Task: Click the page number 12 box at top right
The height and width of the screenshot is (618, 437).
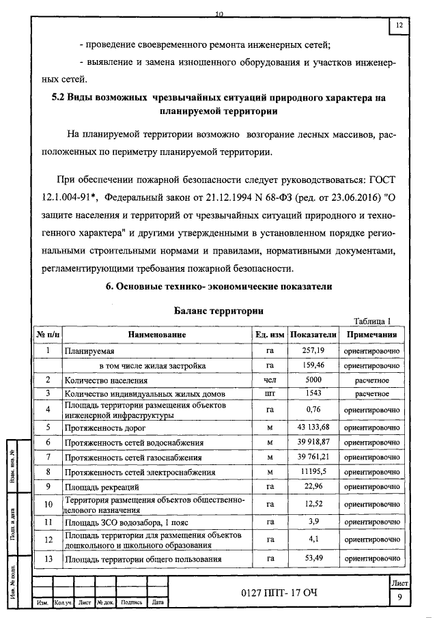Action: coord(399,26)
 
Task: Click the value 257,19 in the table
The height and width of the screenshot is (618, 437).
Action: coord(313,350)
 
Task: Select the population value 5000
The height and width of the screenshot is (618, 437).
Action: coord(313,380)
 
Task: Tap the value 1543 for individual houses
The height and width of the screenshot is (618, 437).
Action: coord(313,393)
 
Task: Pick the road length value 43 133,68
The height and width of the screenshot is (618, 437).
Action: coord(313,427)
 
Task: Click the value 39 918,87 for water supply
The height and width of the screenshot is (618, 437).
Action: coord(313,443)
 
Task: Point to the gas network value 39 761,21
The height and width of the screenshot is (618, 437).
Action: coord(313,457)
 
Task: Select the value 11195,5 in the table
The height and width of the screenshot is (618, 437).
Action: coord(313,472)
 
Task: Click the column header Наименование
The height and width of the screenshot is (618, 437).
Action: coord(156,335)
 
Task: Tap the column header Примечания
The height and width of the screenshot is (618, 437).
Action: coord(371,335)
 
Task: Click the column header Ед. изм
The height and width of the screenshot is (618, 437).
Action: coord(269,335)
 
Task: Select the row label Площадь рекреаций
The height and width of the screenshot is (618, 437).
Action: coord(102,488)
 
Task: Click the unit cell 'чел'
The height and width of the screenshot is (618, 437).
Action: coord(269,380)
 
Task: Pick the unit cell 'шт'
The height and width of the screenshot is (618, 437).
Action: coord(269,393)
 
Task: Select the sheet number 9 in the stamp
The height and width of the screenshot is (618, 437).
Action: coord(399,598)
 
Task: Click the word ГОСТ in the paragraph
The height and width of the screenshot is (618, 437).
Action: coord(379,180)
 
